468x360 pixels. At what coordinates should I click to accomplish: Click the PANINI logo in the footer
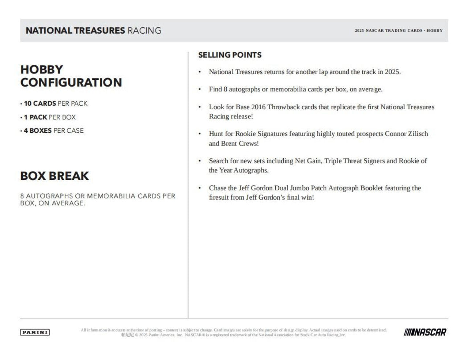coord(35,332)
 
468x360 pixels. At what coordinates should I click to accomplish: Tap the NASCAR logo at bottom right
coord(425,332)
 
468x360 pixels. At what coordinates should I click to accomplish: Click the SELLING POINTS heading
coord(230,55)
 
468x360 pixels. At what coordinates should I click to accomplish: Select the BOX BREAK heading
coord(54,176)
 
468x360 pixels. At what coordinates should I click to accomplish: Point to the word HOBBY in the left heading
coord(42,69)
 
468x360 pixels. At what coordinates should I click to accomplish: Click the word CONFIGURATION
coord(71,83)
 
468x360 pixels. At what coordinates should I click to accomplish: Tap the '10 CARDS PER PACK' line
coord(56,103)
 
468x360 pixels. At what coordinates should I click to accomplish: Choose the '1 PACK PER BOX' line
coord(50,117)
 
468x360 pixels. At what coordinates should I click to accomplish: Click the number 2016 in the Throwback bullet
coord(258,107)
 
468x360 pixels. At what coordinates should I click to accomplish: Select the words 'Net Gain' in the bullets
coord(308,161)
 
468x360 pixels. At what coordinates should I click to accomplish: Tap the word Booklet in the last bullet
coord(371,188)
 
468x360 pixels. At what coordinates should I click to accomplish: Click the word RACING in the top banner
coord(144,31)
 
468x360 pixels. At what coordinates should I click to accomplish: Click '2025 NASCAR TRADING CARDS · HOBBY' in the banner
coord(399,31)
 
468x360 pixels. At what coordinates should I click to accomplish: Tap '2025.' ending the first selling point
coord(393,72)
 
